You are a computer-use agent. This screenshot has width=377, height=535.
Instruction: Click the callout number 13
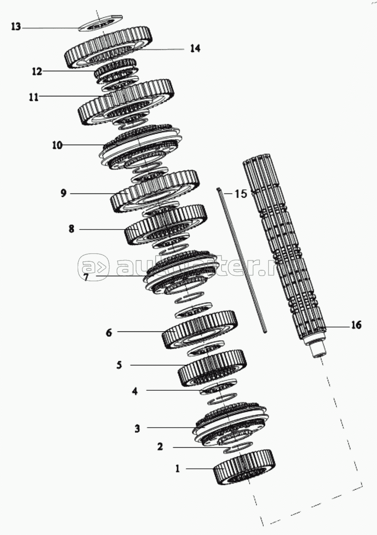(x=16, y=27)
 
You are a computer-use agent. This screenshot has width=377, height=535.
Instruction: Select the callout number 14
(x=195, y=48)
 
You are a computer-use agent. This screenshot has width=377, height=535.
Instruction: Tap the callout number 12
(x=37, y=71)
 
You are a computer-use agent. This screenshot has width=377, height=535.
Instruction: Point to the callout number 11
(x=34, y=97)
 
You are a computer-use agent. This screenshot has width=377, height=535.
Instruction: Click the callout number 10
(x=57, y=146)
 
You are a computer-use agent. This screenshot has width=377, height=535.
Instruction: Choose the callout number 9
(x=63, y=193)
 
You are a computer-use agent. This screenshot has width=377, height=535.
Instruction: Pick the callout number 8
(x=71, y=229)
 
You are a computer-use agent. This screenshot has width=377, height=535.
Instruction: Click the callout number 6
(x=109, y=333)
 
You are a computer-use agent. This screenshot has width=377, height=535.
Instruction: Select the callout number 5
(x=119, y=365)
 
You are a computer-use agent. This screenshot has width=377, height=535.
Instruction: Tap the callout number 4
(x=134, y=391)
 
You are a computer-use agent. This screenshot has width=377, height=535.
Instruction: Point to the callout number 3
(x=137, y=429)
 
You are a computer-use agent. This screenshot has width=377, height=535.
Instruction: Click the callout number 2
(x=160, y=446)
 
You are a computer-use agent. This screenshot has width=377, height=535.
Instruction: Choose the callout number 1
(x=178, y=468)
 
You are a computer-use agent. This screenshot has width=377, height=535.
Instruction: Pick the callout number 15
(x=240, y=194)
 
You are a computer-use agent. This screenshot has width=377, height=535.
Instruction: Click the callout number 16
(x=355, y=325)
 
